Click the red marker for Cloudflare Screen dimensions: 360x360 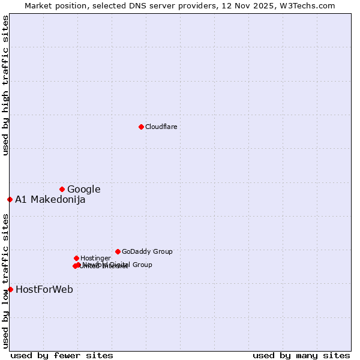[x=141, y=127]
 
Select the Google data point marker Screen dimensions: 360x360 [x=62, y=189]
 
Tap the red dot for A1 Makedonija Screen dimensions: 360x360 [x=10, y=199]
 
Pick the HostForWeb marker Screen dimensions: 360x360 [x=10, y=289]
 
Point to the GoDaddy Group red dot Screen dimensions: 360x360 [x=118, y=251]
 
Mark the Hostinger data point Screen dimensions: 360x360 [x=76, y=258]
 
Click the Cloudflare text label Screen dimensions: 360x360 [x=161, y=127]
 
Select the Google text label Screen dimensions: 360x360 [x=83, y=190]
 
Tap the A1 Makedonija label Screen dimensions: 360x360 [x=50, y=200]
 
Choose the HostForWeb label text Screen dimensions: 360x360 [x=44, y=290]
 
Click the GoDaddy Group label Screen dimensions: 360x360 [x=147, y=252]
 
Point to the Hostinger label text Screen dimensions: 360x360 [x=95, y=259]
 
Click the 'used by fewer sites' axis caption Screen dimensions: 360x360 [x=62, y=355]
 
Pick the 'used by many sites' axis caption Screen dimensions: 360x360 [x=301, y=355]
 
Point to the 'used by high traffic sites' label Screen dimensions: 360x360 [x=5, y=86]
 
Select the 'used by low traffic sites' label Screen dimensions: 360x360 [x=5, y=281]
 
